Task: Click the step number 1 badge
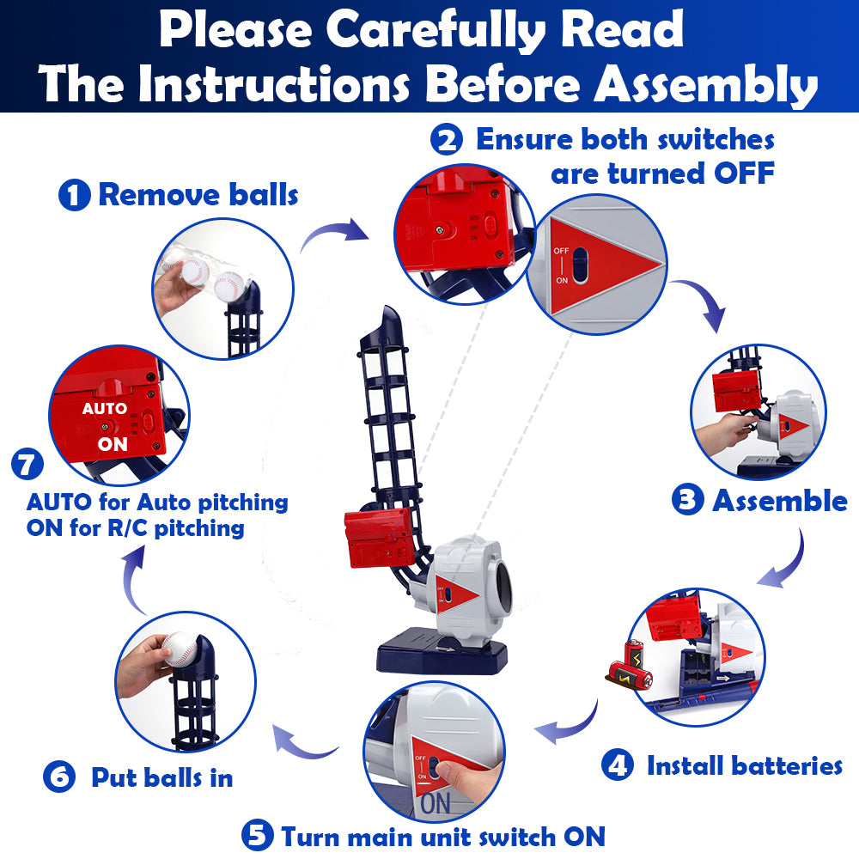[x=75, y=195]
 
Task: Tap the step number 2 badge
[x=447, y=139]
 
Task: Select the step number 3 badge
[x=687, y=500]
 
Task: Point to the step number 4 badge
[x=618, y=765]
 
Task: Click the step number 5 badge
[x=258, y=835]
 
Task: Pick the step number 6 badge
[x=59, y=777]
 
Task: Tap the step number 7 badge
[x=27, y=464]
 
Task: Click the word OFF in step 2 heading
[x=744, y=174]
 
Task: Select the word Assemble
[x=780, y=501]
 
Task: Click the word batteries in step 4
[x=787, y=765]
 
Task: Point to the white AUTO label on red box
[x=105, y=409]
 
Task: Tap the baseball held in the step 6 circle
[x=180, y=649]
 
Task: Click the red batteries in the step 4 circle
[x=631, y=664]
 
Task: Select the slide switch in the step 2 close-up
[x=580, y=266]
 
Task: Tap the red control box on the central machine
[x=380, y=537]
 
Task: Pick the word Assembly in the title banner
[x=707, y=85]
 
